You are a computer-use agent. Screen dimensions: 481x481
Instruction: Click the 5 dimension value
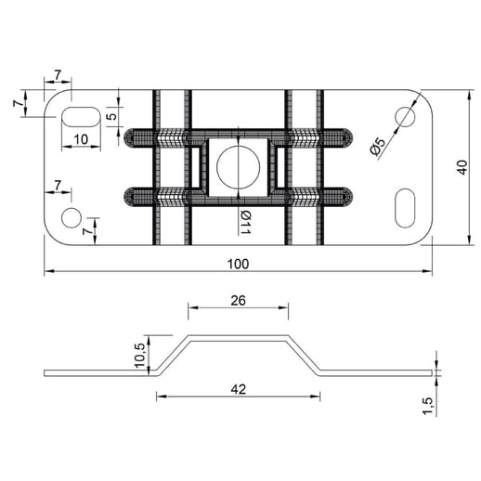pos(111,117)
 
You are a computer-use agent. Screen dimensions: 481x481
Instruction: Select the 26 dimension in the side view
pos(238,300)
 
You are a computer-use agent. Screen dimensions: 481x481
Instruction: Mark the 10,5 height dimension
pos(140,354)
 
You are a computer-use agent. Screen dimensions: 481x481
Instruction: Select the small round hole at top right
pos(405,116)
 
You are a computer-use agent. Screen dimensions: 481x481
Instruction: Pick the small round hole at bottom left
pos(71,218)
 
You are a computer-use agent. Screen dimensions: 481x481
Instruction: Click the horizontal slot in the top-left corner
pos(79,117)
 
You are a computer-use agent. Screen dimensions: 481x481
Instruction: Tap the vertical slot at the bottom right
pos(405,206)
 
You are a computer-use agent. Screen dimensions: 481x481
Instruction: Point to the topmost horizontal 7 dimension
pos(58,74)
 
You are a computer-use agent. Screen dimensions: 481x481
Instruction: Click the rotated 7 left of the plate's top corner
pos(19,105)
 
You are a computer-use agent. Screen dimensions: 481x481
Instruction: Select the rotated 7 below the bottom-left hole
pos(87,227)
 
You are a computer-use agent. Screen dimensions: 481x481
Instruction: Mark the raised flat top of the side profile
pos(238,336)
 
